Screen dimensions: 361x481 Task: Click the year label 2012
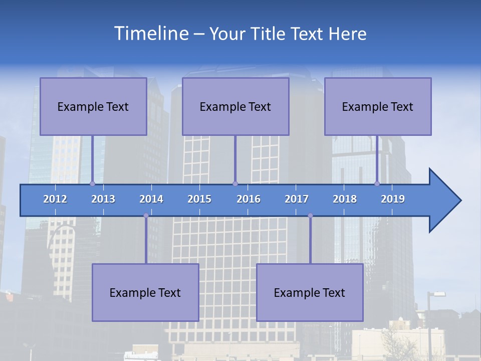(x=55, y=199)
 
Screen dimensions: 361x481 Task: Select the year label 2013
(x=103, y=199)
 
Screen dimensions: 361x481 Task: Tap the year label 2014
(x=151, y=199)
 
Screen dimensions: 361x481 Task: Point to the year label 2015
(x=199, y=199)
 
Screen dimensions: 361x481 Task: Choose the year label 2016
(x=249, y=199)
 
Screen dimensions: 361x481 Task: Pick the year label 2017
(x=297, y=199)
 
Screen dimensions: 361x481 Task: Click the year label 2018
(x=345, y=199)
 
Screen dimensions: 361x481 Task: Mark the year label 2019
(x=393, y=199)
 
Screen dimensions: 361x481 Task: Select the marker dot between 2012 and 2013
(x=92, y=184)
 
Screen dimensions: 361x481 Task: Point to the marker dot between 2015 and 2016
(x=235, y=184)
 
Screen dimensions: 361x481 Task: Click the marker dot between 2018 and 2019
(x=377, y=184)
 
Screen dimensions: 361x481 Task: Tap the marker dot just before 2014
(x=146, y=216)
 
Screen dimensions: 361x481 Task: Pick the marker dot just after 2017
(x=310, y=216)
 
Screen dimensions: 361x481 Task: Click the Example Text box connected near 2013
(x=93, y=106)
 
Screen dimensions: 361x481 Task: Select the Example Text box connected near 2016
(x=235, y=106)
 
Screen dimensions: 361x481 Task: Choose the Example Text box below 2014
(x=145, y=292)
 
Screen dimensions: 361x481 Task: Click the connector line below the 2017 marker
(x=310, y=240)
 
